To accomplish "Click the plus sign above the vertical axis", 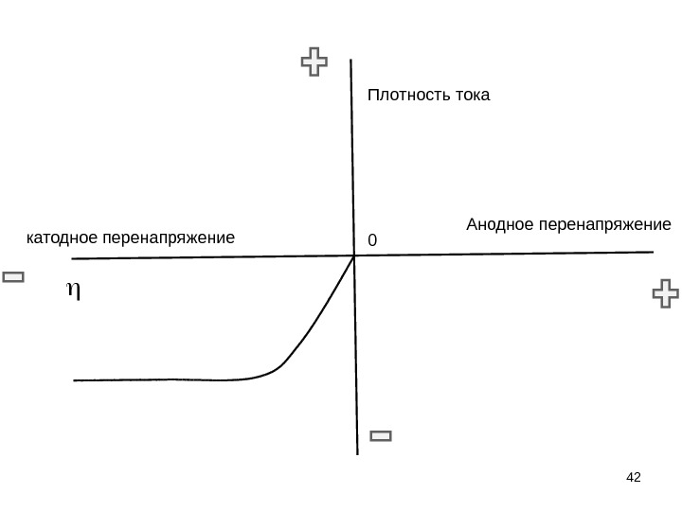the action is coord(314,63).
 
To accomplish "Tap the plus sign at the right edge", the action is coord(667,293).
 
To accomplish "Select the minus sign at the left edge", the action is coord(13,277).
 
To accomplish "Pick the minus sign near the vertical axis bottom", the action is coord(381,436).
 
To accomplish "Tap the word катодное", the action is coord(62,237).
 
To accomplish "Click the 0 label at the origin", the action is coord(371,241).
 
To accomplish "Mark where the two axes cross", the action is coord(354,255).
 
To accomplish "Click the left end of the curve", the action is coord(74,380).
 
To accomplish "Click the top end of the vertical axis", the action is coord(351,61).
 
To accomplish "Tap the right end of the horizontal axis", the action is coord(653,252).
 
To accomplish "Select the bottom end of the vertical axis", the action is coord(358,453).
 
